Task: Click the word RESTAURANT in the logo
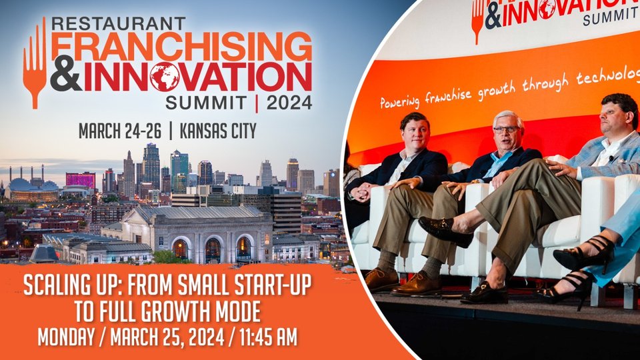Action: pyautogui.click(x=119, y=24)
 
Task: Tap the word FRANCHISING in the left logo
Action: pyautogui.click(x=181, y=47)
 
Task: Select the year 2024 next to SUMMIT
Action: pyautogui.click(x=289, y=103)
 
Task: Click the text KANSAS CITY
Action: pyautogui.click(x=218, y=131)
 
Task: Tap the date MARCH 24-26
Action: pyautogui.click(x=120, y=131)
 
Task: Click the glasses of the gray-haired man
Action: pyautogui.click(x=507, y=130)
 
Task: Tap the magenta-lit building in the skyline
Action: pyautogui.click(x=81, y=179)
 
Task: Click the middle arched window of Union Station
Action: pyautogui.click(x=212, y=250)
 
